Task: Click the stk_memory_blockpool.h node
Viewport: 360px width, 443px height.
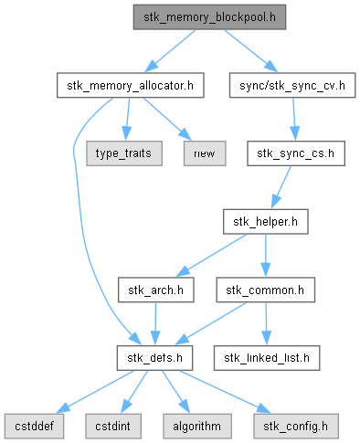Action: (x=209, y=17)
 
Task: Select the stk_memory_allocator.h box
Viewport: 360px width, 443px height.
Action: (x=131, y=85)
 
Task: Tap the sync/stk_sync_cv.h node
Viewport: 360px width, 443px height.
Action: (x=292, y=85)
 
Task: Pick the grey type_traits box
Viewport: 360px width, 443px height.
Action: (x=124, y=153)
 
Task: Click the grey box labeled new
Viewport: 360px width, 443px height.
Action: (x=205, y=153)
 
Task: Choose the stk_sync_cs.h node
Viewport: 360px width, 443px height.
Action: (x=296, y=153)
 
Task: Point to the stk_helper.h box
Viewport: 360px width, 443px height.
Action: (x=266, y=222)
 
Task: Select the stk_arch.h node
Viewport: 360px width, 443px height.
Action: (x=156, y=290)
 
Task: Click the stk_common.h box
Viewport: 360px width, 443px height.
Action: (x=266, y=290)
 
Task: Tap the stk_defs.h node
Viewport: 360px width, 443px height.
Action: (x=154, y=358)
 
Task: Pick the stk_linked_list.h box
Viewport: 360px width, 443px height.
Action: (x=267, y=358)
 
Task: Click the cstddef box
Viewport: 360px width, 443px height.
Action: (x=34, y=427)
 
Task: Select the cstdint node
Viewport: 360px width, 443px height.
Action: (x=113, y=427)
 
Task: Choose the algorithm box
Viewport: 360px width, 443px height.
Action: (x=197, y=427)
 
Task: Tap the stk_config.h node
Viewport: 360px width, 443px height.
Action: (x=296, y=427)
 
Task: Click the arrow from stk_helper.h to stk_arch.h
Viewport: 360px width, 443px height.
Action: (x=211, y=255)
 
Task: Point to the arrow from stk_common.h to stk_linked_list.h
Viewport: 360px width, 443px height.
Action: (x=266, y=323)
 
